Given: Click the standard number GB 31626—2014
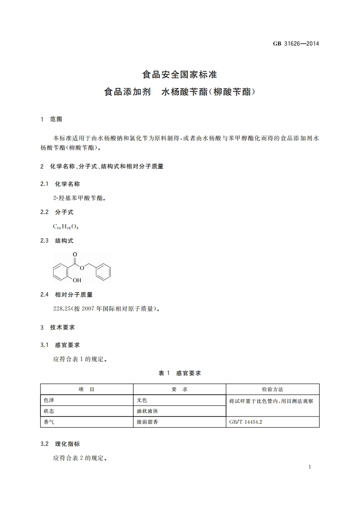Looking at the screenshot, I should (296, 44).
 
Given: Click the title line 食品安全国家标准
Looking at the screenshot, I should (180, 73).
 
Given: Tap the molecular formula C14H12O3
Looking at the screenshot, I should (63, 226).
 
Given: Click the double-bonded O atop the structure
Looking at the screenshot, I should (74, 254).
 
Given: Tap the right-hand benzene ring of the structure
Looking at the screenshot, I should (104, 272).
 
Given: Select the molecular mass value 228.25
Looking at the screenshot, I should (63, 309).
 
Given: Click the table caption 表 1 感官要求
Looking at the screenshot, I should (180, 373).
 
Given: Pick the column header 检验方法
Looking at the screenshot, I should (272, 389).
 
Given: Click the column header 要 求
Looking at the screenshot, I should (179, 389).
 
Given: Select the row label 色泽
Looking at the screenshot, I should (49, 401).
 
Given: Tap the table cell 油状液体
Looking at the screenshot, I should (148, 411).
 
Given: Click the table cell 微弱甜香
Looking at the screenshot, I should (148, 422).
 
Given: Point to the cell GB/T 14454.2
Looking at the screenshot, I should (247, 422).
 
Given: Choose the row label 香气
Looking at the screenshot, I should (49, 422).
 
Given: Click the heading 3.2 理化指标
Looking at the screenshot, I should (60, 444).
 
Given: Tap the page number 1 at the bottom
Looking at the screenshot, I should (309, 467).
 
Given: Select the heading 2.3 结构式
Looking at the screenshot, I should (57, 240).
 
